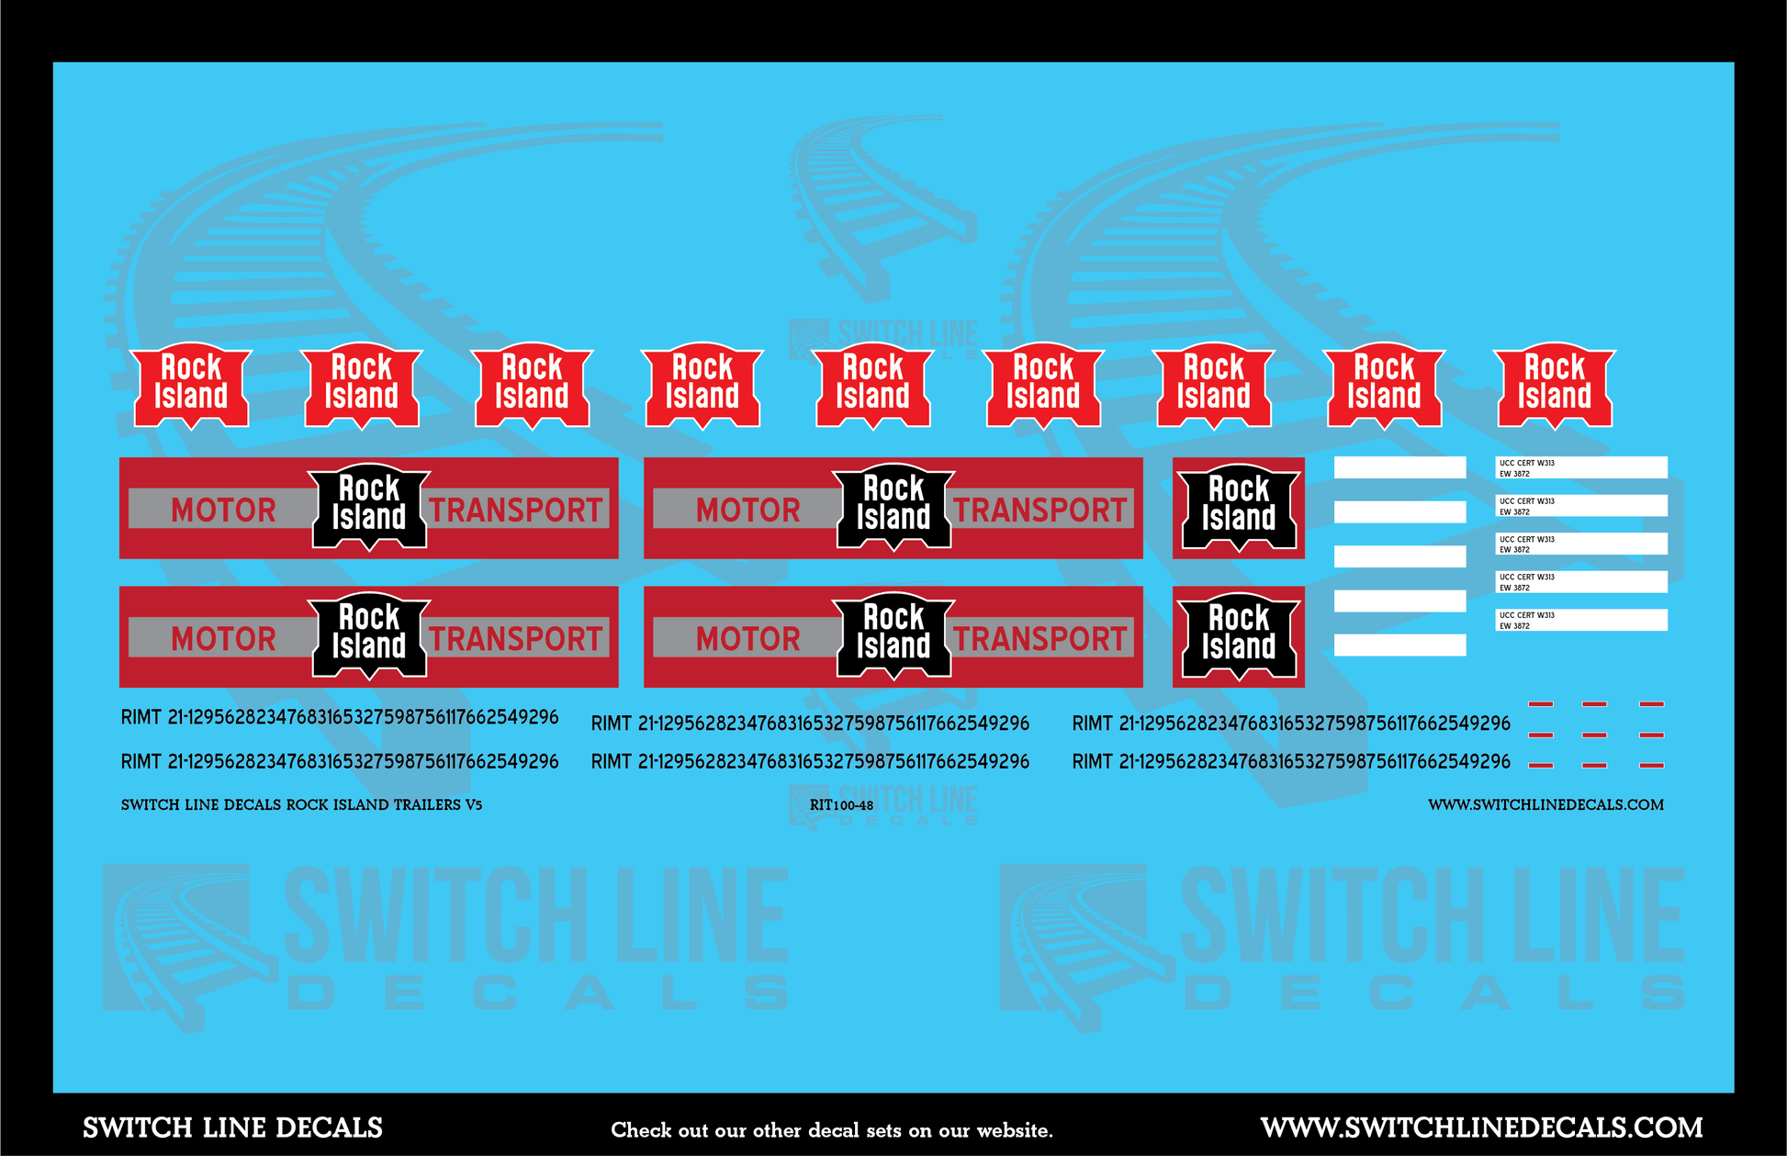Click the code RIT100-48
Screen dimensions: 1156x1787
[x=841, y=805]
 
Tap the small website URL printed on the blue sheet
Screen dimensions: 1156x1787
[x=1545, y=805]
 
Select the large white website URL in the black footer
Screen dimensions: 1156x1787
[x=1481, y=1128]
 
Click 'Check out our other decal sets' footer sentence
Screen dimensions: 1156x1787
[x=832, y=1130]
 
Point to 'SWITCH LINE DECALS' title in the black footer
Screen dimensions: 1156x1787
[x=232, y=1128]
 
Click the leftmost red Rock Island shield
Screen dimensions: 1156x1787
[x=191, y=386]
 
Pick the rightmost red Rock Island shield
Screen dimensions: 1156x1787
[x=1555, y=386]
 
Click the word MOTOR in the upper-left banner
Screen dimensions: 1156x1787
[x=223, y=510]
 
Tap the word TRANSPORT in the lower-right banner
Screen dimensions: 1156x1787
[x=1040, y=638]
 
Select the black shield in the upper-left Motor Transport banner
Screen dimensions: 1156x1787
[x=369, y=506]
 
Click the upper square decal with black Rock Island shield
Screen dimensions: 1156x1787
[x=1238, y=508]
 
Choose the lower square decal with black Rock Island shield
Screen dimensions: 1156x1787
[x=1238, y=636]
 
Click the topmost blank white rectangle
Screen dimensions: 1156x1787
[x=1399, y=467]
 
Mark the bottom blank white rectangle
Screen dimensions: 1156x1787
[x=1399, y=645]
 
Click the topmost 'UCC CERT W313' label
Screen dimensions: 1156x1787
[x=1580, y=467]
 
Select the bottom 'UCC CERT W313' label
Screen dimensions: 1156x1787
[x=1580, y=620]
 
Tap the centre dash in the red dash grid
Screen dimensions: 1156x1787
[x=1595, y=735]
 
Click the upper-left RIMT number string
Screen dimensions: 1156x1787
[x=340, y=717]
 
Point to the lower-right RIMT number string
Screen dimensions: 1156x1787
[x=1291, y=761]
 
